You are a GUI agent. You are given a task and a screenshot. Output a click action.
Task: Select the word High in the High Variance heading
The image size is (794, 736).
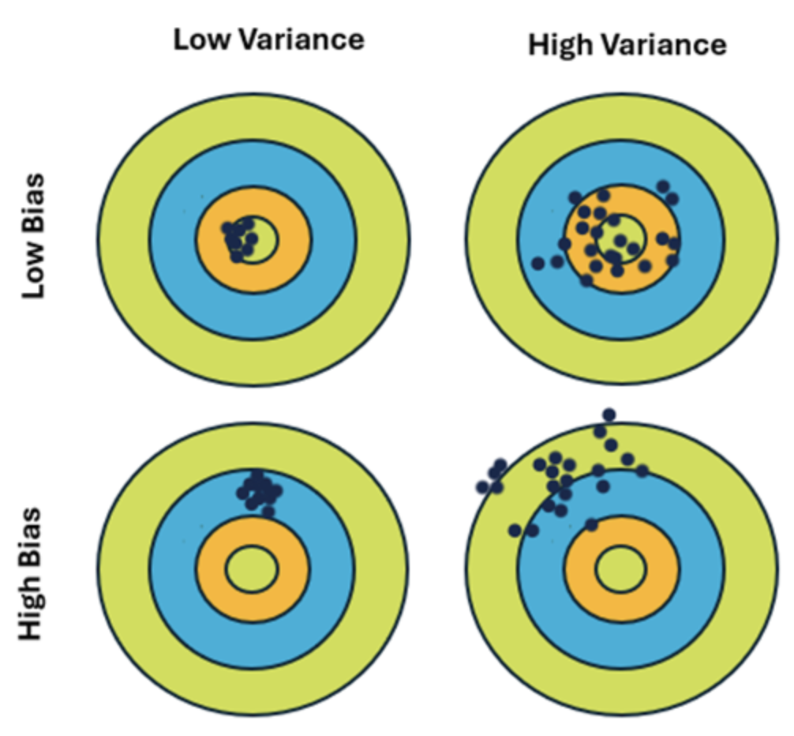[x=558, y=45]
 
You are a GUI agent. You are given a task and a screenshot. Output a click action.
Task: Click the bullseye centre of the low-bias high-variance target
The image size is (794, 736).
[x=620, y=237]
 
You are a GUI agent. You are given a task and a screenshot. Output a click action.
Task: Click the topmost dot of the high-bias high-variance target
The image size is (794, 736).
[x=609, y=415]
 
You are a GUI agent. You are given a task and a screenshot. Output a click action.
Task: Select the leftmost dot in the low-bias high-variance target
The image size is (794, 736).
[x=538, y=263]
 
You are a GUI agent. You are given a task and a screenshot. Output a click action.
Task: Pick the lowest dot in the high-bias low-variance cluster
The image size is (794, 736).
[x=268, y=512]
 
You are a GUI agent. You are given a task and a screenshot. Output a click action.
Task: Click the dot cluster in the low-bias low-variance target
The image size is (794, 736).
[x=239, y=238]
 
